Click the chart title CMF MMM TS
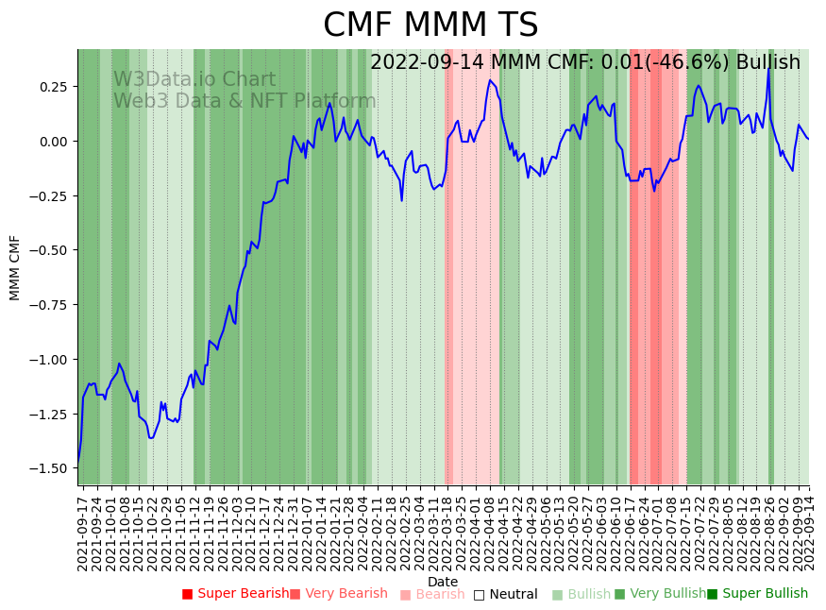(430, 25)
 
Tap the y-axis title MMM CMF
(15, 267)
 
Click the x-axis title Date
(442, 582)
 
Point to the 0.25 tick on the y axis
(55, 87)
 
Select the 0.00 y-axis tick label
(55, 142)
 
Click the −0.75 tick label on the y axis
(52, 305)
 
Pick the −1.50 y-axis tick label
(52, 468)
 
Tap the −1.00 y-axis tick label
(52, 360)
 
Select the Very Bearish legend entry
(338, 594)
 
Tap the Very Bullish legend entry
(660, 594)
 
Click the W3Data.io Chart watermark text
(194, 80)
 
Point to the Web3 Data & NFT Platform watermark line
(244, 101)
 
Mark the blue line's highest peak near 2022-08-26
(768, 68)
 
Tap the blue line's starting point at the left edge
(78, 460)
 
